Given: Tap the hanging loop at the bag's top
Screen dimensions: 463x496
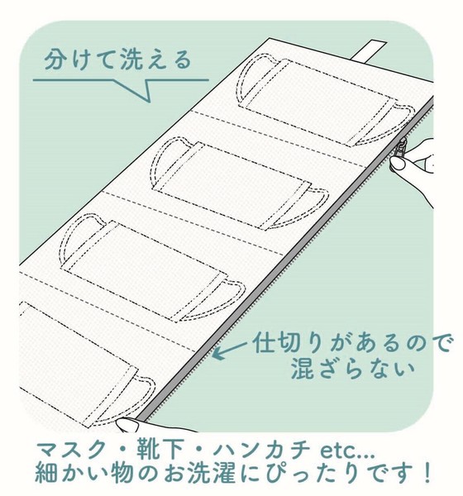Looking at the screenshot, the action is coord(369,50).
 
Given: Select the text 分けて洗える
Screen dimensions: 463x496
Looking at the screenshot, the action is coord(117,60).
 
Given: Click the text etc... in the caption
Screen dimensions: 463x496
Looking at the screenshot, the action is coord(348,451).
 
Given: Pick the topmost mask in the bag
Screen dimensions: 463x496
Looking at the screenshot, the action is coord(325,100).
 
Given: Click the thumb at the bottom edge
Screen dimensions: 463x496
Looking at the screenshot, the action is coord(127,425).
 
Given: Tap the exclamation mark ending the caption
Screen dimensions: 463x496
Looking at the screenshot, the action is coord(427,474).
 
